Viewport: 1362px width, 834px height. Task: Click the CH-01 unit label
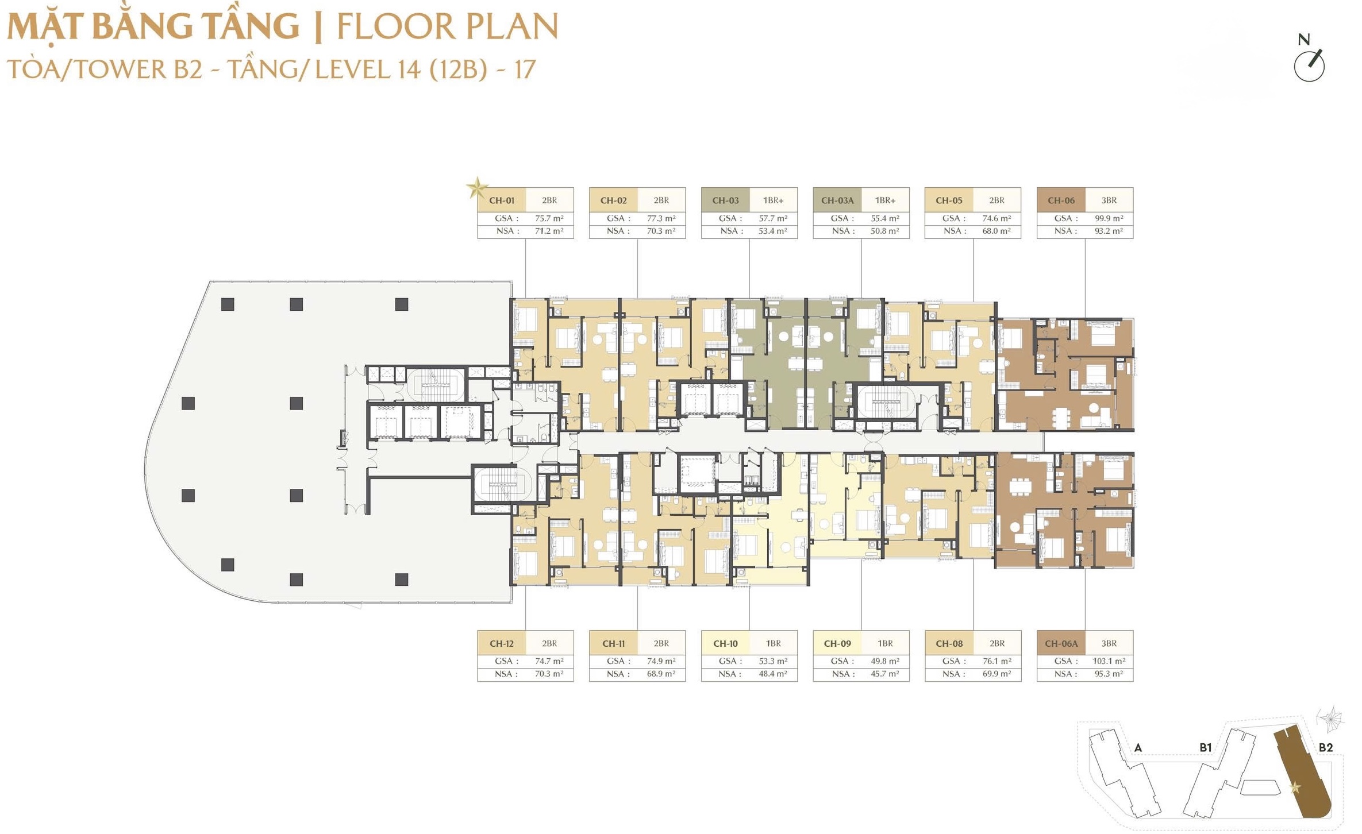tap(501, 200)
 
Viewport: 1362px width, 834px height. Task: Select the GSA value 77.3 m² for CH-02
tap(661, 218)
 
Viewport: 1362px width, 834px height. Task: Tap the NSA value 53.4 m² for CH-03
tap(773, 231)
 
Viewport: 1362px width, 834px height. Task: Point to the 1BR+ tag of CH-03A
tap(885, 200)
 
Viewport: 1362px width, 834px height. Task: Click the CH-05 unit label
tap(949, 200)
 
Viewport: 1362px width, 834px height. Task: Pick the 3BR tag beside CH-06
tap(1109, 200)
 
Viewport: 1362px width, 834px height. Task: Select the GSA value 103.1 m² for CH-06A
tap(1109, 661)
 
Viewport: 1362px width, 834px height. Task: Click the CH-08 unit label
tap(949, 643)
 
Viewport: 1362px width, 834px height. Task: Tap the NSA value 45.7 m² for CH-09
tap(885, 674)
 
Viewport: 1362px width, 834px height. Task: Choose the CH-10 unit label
tap(725, 643)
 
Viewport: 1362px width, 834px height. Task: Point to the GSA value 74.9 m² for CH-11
tap(661, 661)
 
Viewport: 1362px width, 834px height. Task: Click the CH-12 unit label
tap(502, 643)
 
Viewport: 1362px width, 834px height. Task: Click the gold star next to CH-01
tap(476, 187)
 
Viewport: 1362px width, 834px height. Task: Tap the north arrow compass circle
tap(1309, 66)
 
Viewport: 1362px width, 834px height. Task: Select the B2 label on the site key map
tap(1325, 747)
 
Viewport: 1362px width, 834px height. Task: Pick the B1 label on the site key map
tap(1206, 747)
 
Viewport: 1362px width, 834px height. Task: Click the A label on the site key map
tap(1138, 747)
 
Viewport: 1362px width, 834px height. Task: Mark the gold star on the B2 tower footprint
tap(1295, 787)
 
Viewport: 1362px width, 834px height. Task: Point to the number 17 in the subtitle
tap(525, 69)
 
